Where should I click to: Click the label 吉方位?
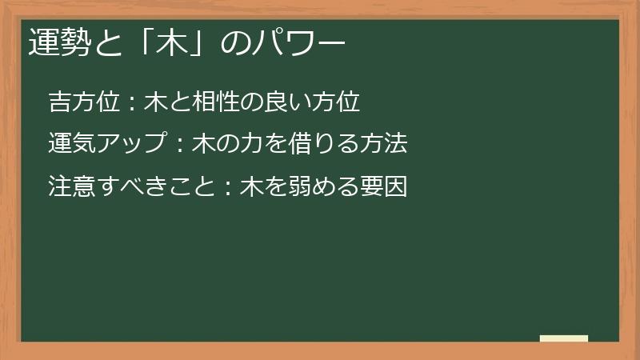[83, 102]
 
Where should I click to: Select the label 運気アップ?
[106, 144]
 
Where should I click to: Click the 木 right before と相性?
[154, 102]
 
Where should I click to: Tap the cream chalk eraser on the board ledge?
[564, 338]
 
